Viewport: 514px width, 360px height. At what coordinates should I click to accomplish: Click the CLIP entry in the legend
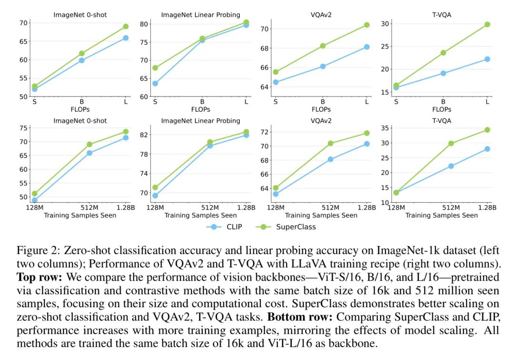pos(234,227)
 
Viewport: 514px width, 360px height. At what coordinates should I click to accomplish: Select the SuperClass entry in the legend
pos(296,227)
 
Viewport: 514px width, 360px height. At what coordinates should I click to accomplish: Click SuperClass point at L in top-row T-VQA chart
pos(487,24)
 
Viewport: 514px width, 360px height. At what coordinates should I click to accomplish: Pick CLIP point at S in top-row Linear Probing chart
pos(155,83)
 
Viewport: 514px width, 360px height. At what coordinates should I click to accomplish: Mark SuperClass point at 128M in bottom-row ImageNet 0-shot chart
pos(34,194)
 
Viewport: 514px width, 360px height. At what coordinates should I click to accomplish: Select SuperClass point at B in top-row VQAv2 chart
pos(323,46)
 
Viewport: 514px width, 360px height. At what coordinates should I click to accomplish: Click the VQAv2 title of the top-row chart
pos(321,15)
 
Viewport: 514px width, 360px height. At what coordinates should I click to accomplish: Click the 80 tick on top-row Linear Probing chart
pos(144,24)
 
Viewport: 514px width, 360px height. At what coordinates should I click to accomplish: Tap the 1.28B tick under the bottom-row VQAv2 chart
pos(366,208)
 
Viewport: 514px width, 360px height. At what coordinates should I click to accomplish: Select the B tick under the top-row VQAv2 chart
pos(323,101)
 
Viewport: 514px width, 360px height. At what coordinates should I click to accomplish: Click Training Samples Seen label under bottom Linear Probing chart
pos(200,215)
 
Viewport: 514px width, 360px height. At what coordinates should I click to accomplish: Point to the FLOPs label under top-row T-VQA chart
pos(441,109)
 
